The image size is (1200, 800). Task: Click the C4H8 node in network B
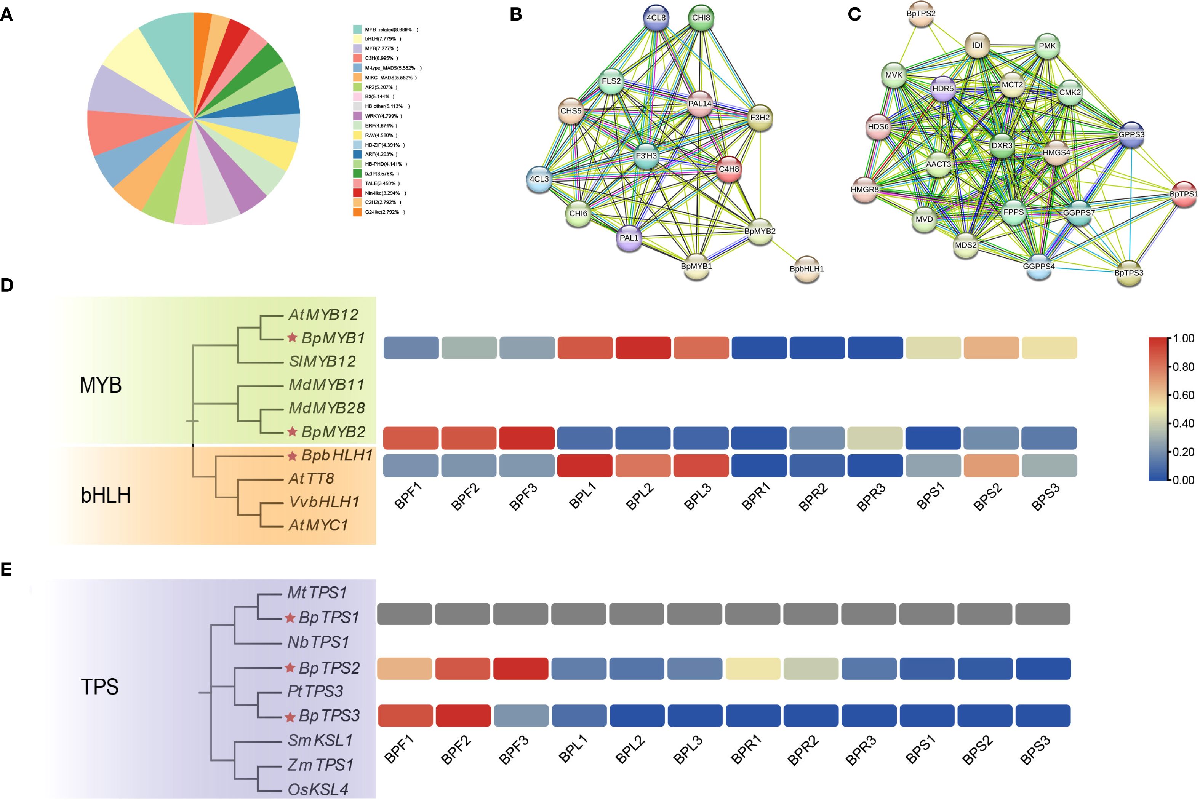pos(728,170)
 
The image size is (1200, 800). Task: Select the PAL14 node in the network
pos(699,104)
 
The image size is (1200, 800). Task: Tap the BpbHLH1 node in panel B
pos(806,269)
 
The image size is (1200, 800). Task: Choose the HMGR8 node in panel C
pos(865,190)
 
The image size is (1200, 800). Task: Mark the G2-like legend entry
pos(380,212)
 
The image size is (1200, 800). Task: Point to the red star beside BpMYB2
pos(292,432)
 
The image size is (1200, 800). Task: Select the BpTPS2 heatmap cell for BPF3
pos(521,668)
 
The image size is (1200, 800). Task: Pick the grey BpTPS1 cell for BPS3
pos(1043,614)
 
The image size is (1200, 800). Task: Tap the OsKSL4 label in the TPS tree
pos(317,789)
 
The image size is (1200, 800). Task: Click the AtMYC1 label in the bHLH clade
pos(318,525)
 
